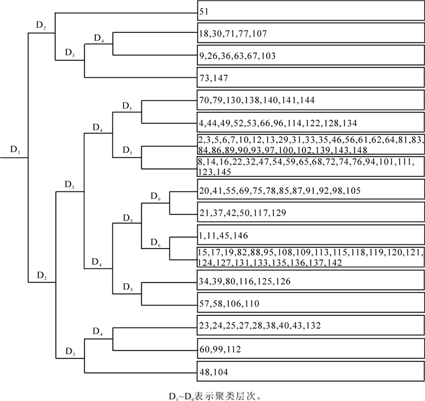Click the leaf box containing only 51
[310, 10]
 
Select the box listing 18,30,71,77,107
[310, 33]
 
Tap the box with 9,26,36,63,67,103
[310, 55]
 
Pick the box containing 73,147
[310, 78]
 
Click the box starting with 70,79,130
[310, 100]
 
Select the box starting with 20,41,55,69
[310, 190]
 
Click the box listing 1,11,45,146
[310, 235]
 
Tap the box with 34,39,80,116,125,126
[310, 280]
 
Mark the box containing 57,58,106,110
[310, 303]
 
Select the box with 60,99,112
[310, 349]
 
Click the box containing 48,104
[310, 371]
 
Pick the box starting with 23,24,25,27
[310, 325]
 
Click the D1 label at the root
[15, 149]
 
